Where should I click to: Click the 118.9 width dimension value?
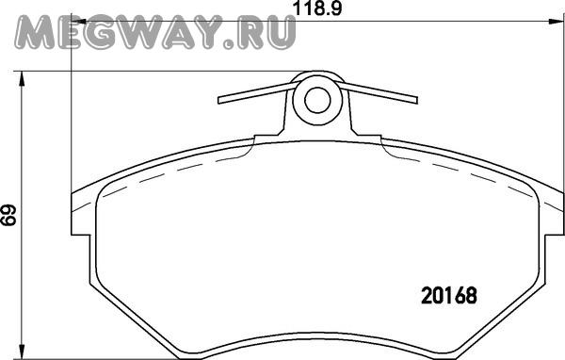[x=318, y=8]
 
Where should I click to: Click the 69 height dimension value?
[x=8, y=216]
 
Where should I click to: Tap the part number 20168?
[x=449, y=296]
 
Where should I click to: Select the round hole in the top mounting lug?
[x=317, y=100]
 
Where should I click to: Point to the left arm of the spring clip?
[x=258, y=92]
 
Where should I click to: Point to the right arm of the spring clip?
[x=377, y=92]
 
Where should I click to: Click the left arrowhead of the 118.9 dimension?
[x=78, y=22]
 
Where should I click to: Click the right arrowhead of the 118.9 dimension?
[x=555, y=22]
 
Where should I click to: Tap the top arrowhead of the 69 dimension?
[x=23, y=78]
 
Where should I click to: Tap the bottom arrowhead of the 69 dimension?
[x=23, y=352]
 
